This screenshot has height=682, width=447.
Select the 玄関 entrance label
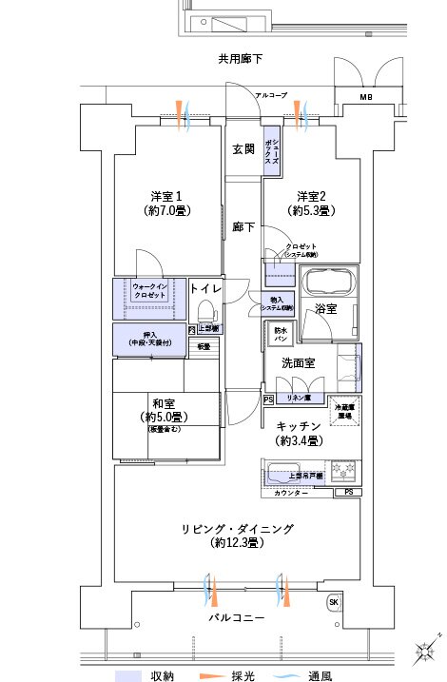[243, 149]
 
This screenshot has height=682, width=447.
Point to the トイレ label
[206, 288]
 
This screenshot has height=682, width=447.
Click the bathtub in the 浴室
[324, 283]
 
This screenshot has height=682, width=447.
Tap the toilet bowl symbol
[204, 311]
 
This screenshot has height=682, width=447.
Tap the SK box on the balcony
[334, 602]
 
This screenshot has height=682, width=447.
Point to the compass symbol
[423, 653]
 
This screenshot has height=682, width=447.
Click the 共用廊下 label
[240, 59]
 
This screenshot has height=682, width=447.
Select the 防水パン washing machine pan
[282, 334]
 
